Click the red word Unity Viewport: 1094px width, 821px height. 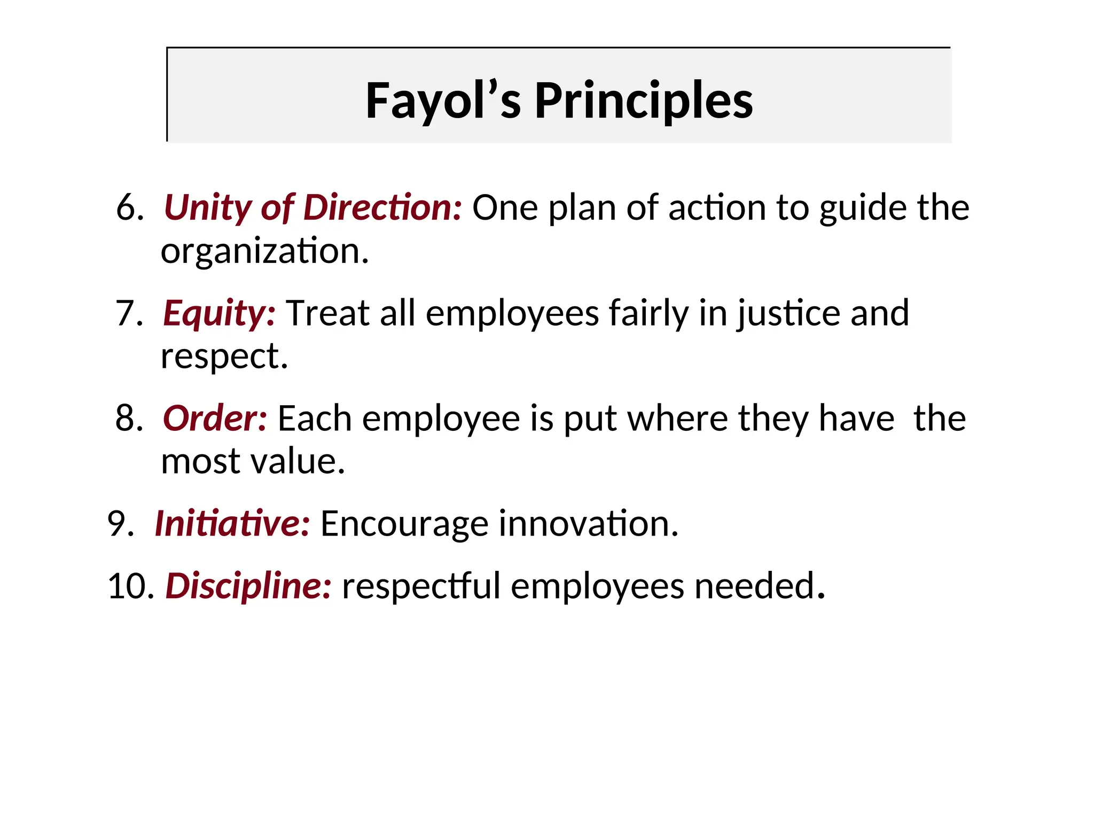pos(207,207)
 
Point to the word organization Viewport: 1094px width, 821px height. pos(264,251)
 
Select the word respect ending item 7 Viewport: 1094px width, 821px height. pos(224,356)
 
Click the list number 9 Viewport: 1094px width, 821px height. pos(120,523)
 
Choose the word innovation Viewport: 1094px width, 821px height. pos(588,523)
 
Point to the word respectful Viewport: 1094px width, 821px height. pos(421,586)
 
